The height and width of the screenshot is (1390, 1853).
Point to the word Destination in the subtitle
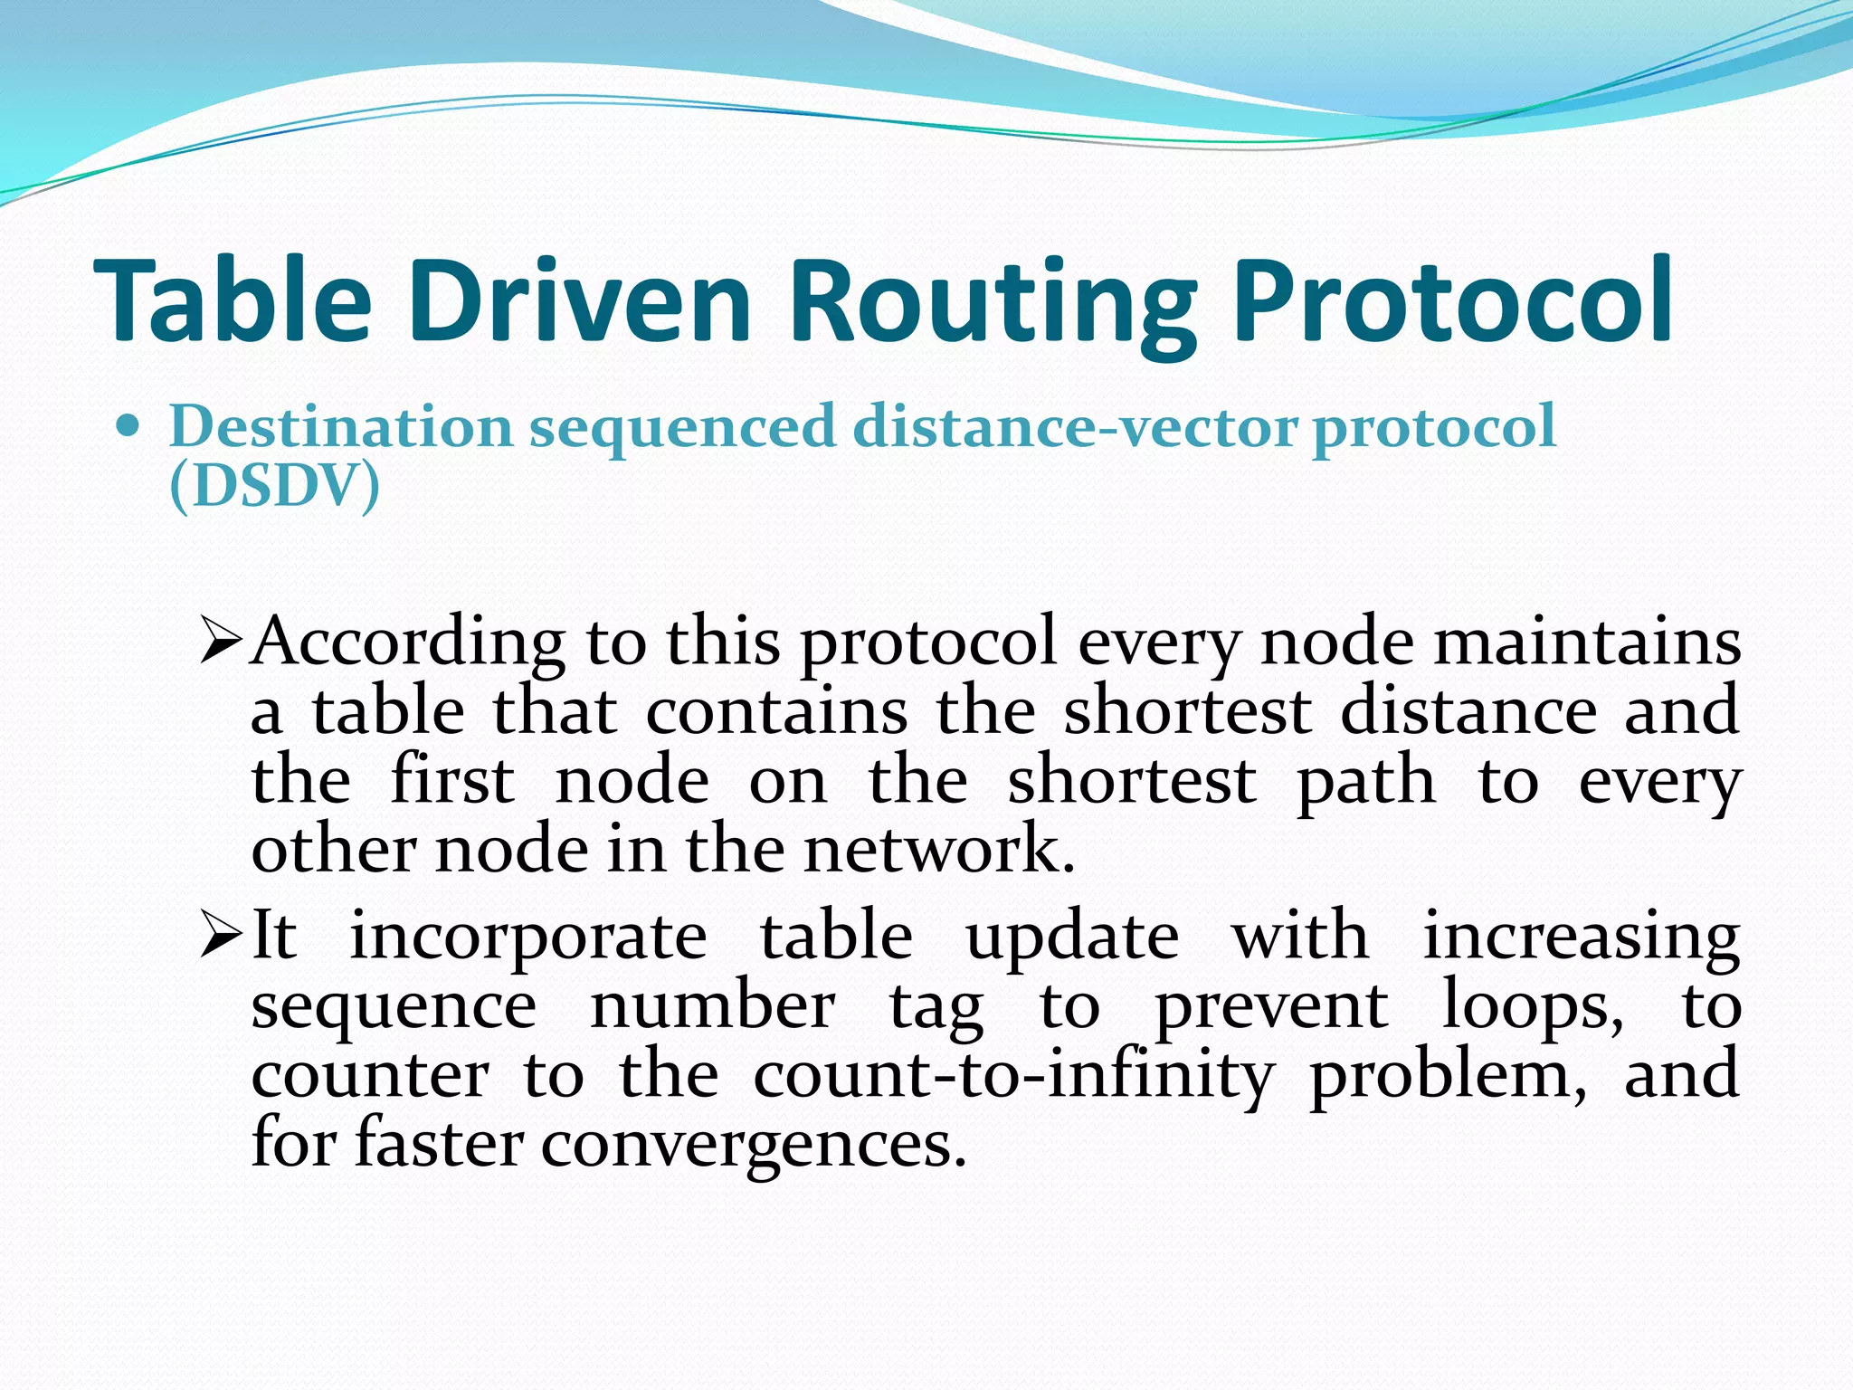[340, 426]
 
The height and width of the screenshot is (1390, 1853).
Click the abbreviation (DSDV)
[274, 487]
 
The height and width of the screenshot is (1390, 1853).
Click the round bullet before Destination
[129, 425]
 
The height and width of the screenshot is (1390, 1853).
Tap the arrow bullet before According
[220, 641]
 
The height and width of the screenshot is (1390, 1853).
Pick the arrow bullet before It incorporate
[220, 936]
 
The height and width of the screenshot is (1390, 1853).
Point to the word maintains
[1587, 642]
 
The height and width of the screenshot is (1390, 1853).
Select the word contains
[776, 711]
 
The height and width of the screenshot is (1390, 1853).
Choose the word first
[452, 780]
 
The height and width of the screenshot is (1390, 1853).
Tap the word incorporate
[528, 936]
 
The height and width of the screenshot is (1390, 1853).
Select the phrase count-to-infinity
[1013, 1075]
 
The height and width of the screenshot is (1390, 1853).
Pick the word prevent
[1271, 1006]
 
